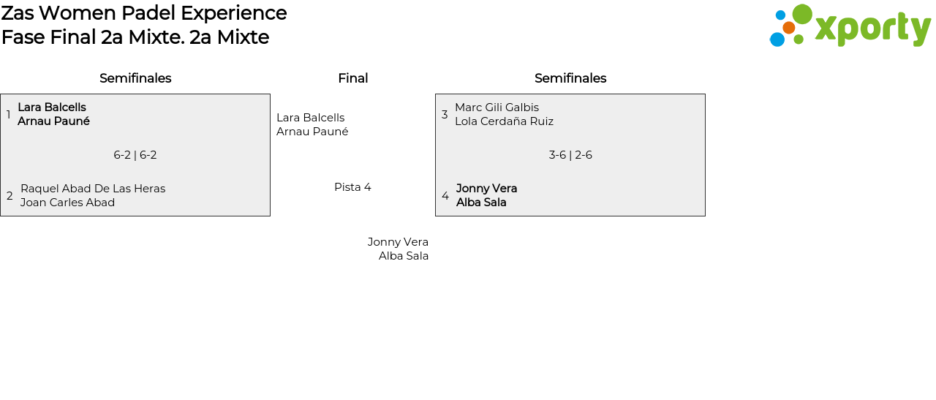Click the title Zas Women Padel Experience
point(144,13)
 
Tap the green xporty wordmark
point(872,29)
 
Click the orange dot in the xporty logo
point(788,28)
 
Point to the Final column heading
point(352,78)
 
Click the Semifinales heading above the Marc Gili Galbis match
point(570,78)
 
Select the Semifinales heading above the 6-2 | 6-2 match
point(135,78)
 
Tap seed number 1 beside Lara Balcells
point(9,115)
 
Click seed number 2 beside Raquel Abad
point(10,196)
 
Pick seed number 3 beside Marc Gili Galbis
point(445,115)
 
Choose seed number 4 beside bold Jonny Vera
point(445,196)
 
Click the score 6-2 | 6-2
point(135,155)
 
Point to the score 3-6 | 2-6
point(570,155)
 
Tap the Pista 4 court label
point(352,187)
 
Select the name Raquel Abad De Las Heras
point(93,189)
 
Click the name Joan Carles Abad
point(67,203)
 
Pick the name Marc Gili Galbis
point(497,107)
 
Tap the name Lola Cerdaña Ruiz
point(504,121)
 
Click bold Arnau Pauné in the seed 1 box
point(53,121)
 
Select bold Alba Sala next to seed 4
point(481,203)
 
